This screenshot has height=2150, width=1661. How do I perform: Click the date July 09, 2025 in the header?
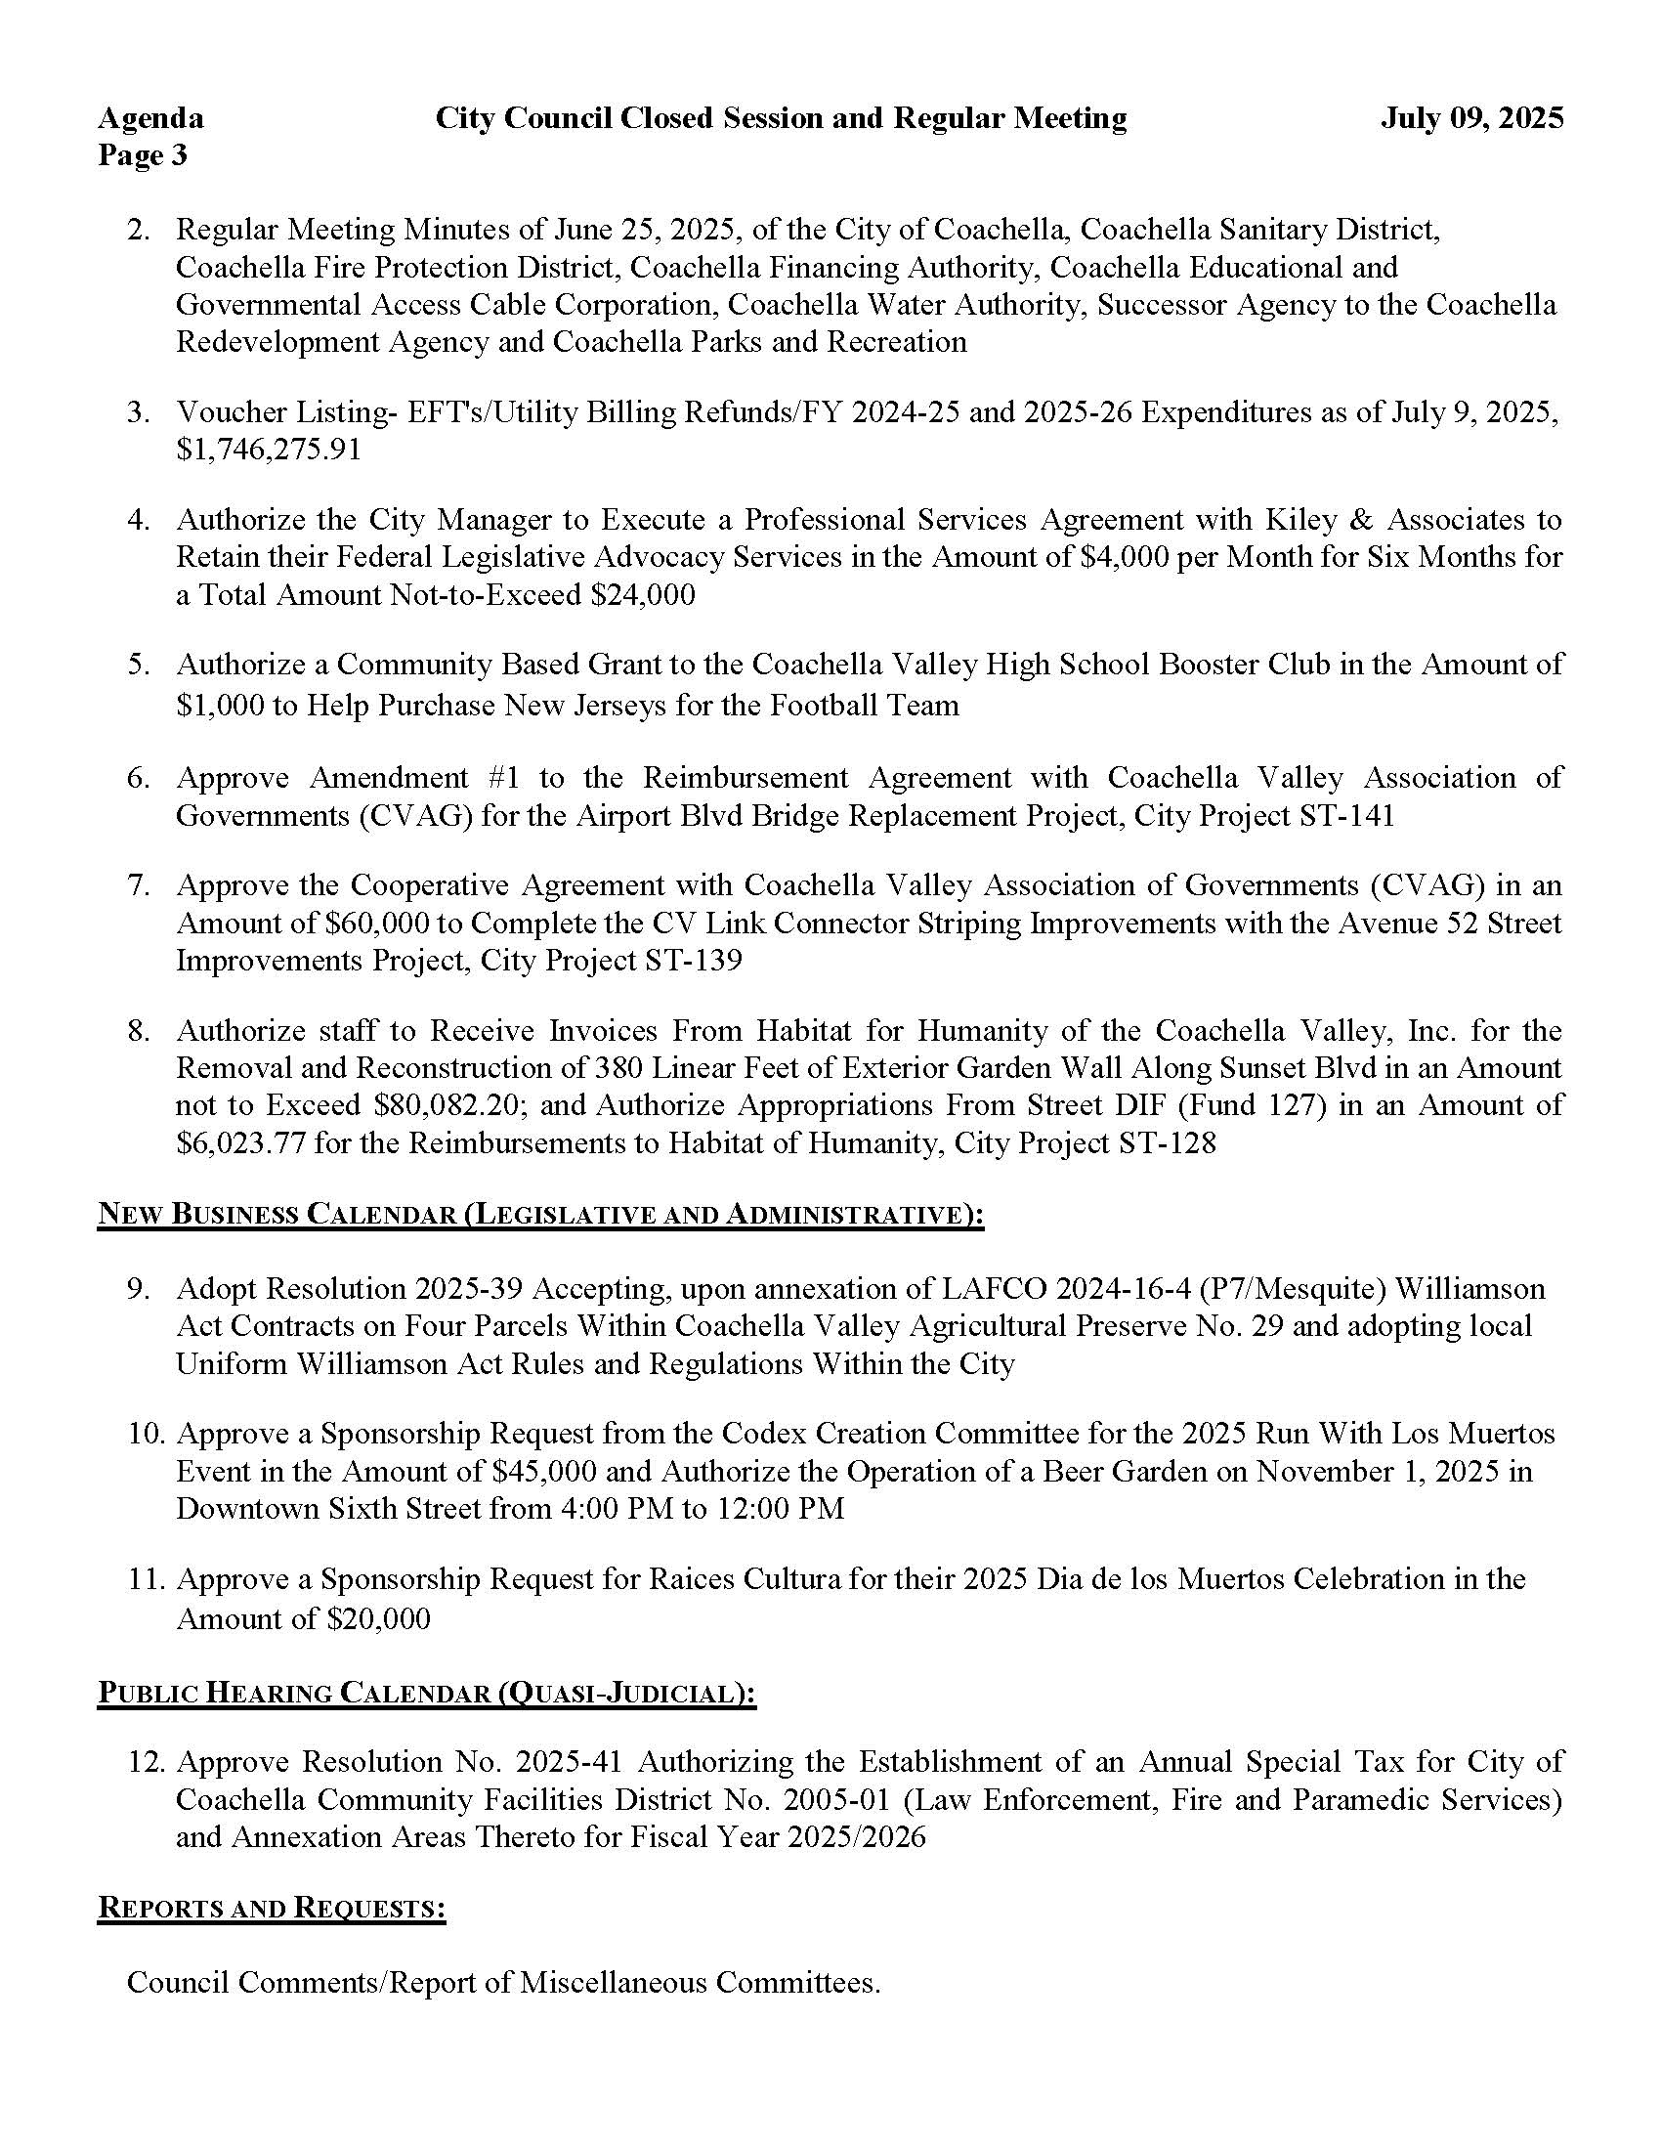(1471, 118)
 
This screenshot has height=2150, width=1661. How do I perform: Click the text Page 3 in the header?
(142, 155)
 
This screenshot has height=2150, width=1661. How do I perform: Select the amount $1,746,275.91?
(269, 449)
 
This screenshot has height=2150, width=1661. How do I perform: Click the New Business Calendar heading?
(540, 1214)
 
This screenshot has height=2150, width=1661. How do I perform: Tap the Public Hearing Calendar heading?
(426, 1693)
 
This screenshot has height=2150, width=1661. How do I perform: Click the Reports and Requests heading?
(272, 1908)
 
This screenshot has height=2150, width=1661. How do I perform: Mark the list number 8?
(138, 1031)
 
